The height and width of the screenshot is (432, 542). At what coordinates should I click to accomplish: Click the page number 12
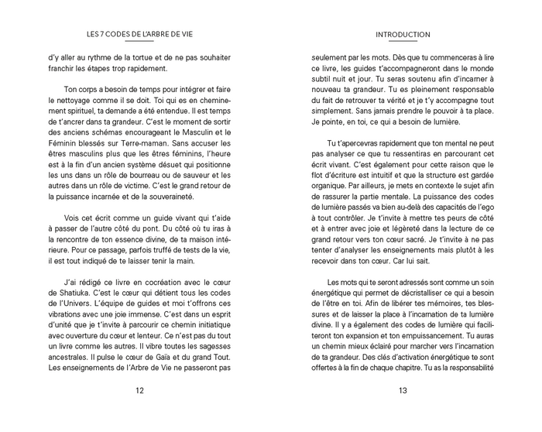[x=139, y=390]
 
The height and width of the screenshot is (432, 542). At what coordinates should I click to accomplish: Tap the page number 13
[x=403, y=390]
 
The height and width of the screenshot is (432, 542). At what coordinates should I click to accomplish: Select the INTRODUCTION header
[x=403, y=35]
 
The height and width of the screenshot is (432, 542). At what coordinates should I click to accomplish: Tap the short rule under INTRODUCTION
[x=402, y=41]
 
